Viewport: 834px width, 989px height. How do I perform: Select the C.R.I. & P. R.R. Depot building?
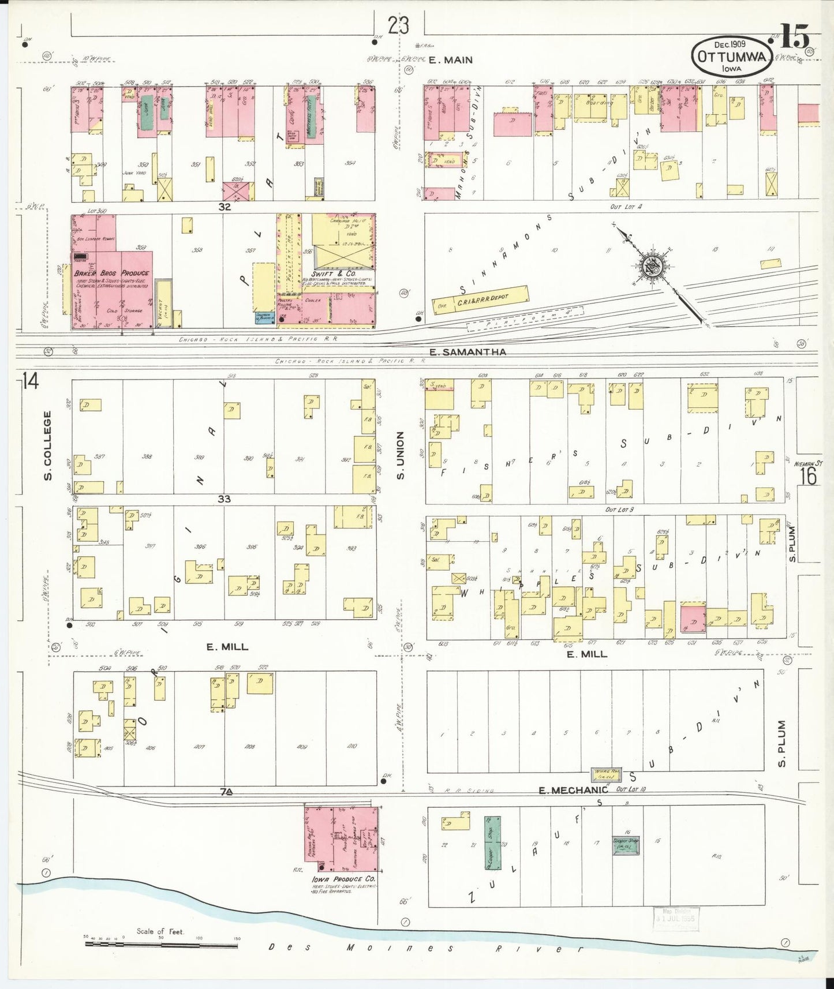(481, 300)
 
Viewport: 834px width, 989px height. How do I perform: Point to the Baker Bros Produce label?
(111, 273)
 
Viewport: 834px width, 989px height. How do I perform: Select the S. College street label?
(48, 445)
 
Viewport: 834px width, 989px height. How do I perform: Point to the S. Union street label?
(401, 456)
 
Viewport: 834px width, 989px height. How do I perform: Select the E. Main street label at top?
(451, 59)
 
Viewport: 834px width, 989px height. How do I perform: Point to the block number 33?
(224, 499)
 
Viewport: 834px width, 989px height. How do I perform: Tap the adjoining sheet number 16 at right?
(809, 477)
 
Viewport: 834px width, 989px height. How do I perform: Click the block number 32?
(225, 206)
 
